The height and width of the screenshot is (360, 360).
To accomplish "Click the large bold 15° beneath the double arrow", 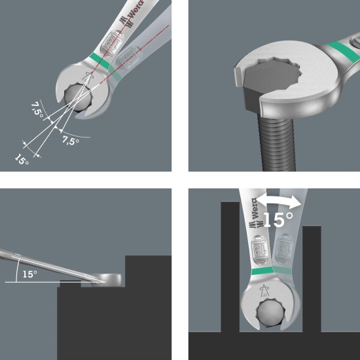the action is pyautogui.click(x=278, y=219).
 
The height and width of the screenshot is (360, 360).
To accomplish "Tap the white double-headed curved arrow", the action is pyautogui.click(x=278, y=200).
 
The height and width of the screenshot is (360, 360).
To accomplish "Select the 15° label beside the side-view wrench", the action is pyautogui.click(x=30, y=274).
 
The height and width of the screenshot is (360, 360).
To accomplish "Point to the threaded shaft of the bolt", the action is pyautogui.click(x=276, y=141).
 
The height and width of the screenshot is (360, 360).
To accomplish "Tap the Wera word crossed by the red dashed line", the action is pyautogui.click(x=136, y=9).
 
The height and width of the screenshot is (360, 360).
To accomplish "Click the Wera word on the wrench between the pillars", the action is pyautogui.click(x=255, y=208).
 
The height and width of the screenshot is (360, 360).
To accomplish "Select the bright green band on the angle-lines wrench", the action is pyautogui.click(x=99, y=61).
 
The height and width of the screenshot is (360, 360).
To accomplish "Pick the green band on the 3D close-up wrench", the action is pyautogui.click(x=344, y=52).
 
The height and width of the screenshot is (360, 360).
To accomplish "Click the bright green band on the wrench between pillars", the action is pyautogui.click(x=263, y=271).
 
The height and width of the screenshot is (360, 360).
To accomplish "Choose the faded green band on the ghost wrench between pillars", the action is pyautogui.click(x=282, y=270).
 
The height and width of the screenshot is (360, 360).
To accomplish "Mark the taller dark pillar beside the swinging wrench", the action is pyautogui.click(x=230, y=266).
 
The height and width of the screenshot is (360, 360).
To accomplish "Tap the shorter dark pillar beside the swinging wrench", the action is pyautogui.click(x=312, y=279).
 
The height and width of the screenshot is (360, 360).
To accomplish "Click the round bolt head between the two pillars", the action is pyautogui.click(x=270, y=313).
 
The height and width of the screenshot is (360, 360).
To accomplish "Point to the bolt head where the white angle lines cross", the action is pyautogui.click(x=78, y=97).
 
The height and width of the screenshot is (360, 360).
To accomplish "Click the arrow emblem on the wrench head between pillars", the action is pyautogui.click(x=264, y=291).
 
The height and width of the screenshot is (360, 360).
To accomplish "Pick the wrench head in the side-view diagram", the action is pyautogui.click(x=106, y=280).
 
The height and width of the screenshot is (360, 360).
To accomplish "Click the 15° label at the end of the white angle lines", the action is pyautogui.click(x=22, y=160).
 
